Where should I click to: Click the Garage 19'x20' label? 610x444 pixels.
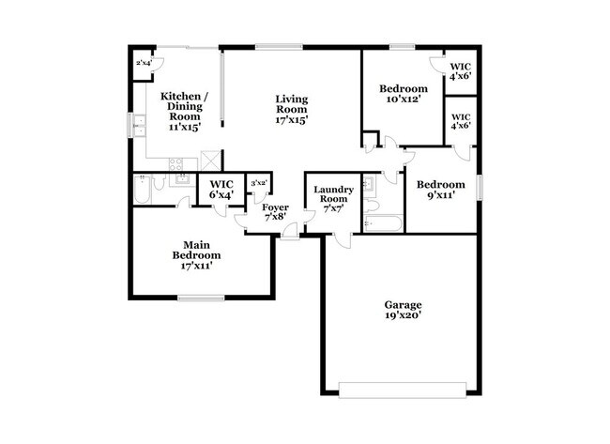(x=403, y=310)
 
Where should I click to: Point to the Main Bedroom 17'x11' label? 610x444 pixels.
(x=197, y=254)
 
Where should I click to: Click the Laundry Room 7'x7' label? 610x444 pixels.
(x=333, y=200)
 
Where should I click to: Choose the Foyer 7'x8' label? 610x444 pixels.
(x=275, y=211)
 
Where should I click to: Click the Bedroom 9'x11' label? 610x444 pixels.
(x=441, y=191)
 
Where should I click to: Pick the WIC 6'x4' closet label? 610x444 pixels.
(x=221, y=189)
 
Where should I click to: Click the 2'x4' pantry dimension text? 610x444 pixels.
(x=144, y=63)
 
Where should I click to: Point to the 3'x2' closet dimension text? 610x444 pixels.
(x=258, y=182)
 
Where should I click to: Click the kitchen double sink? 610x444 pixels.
(x=139, y=125)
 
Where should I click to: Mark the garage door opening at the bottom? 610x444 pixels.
(x=402, y=390)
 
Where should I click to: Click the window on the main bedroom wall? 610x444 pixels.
(x=200, y=299)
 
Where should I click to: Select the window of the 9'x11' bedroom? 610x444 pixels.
(x=479, y=186)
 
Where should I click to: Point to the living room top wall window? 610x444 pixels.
(x=272, y=47)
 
